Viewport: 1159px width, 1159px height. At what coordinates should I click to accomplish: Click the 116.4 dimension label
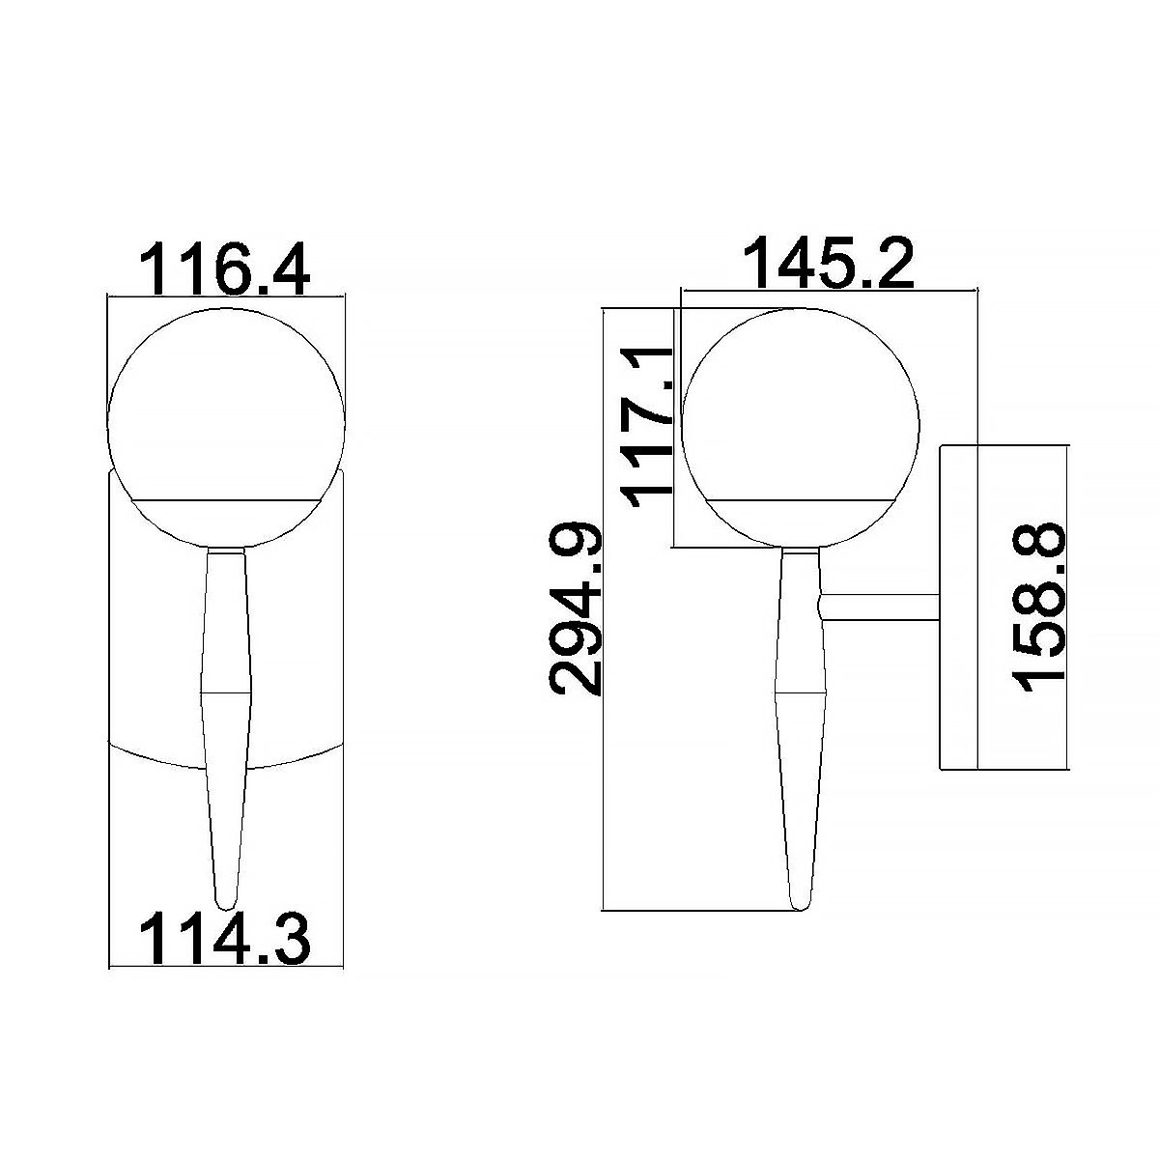(225, 269)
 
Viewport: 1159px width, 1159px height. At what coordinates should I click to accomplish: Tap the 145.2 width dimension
(828, 263)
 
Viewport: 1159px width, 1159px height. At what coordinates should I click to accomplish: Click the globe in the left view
(226, 428)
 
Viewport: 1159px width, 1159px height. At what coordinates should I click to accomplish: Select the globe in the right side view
(801, 428)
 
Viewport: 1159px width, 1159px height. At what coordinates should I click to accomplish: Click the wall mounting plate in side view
(959, 607)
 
